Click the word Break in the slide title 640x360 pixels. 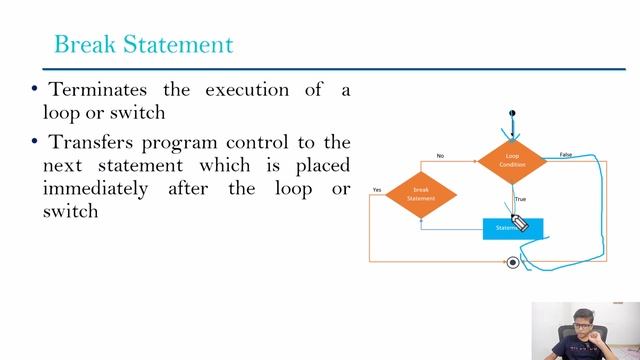coord(82,45)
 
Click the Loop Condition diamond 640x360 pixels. coord(512,160)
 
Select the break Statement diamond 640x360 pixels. coord(421,194)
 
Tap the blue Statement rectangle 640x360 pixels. coord(510,229)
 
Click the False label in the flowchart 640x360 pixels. coord(566,155)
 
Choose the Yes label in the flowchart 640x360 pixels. coord(377,189)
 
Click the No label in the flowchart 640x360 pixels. coord(440,156)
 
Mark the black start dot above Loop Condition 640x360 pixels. coord(512,113)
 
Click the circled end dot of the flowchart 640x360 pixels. coord(513,262)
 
